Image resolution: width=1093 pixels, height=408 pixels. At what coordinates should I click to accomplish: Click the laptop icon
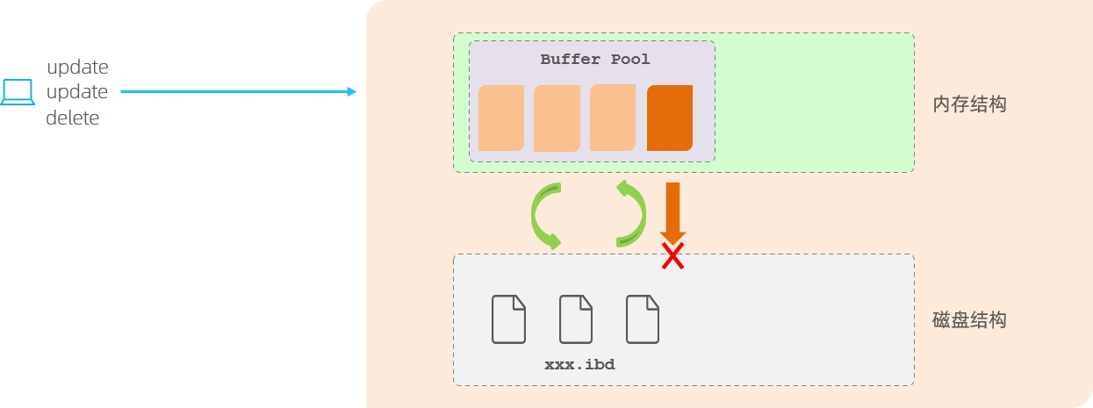[x=17, y=92]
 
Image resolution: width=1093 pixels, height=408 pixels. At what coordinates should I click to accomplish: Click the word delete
[x=73, y=118]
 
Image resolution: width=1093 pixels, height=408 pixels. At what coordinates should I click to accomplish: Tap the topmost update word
[x=77, y=68]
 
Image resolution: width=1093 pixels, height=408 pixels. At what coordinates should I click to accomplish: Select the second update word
[x=77, y=93]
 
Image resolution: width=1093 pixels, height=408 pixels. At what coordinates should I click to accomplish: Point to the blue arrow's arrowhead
[x=352, y=92]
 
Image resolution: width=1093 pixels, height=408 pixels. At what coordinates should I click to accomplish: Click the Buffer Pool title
[x=595, y=60]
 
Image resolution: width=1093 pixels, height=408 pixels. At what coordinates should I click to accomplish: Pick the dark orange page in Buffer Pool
[x=670, y=118]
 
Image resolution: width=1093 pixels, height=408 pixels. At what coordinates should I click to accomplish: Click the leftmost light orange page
[x=501, y=118]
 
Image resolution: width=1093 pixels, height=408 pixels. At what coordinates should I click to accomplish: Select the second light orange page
[x=557, y=118]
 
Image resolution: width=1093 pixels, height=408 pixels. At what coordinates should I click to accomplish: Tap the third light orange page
[x=613, y=118]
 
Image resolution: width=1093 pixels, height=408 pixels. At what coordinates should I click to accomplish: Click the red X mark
[x=672, y=256]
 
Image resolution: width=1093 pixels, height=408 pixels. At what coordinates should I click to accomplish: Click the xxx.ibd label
[x=579, y=364]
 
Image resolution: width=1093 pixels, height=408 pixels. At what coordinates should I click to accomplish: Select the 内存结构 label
[x=969, y=104]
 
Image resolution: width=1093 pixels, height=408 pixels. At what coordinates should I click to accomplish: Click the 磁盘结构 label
[x=969, y=319]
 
